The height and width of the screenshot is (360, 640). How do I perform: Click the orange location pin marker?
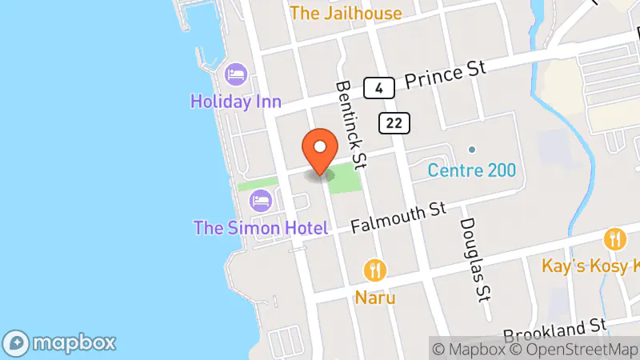pos(320,148)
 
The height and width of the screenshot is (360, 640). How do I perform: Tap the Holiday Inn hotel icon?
pos(236,75)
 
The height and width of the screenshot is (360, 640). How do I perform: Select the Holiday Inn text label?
pos(236,101)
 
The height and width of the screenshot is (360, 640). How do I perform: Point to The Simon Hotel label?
pos(261,228)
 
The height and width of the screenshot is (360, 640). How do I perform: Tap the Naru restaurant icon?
pos(374,270)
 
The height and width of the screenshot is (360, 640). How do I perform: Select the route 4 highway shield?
pos(374,87)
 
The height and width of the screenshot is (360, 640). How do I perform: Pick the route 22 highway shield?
pos(396,122)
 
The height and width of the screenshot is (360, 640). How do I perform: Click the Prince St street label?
pos(445,76)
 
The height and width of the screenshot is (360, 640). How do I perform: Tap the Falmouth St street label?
pos(398,216)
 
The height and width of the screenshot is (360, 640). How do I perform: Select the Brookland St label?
pos(556,328)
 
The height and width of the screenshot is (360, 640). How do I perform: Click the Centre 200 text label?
pos(471,170)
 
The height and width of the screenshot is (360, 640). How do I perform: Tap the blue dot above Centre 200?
pos(472,150)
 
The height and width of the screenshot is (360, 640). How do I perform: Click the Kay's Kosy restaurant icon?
pos(614,238)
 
